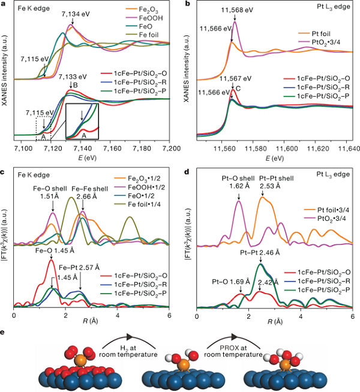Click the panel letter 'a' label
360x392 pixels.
pyautogui.click(x=4, y=4)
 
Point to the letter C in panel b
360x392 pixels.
pyautogui.click(x=238, y=89)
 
